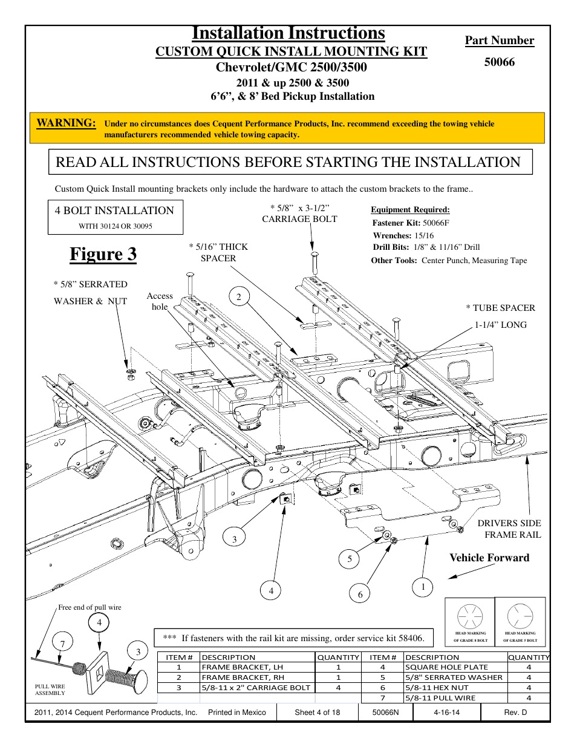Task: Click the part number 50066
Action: tap(499, 62)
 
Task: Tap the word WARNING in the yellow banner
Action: tap(66, 123)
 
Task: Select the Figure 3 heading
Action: tap(103, 254)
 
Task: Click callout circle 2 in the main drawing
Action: tap(239, 296)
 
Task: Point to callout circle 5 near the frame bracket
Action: tap(349, 559)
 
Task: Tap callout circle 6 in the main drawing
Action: tap(360, 594)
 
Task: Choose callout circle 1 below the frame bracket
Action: tap(423, 587)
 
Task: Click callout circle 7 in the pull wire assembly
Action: tap(62, 644)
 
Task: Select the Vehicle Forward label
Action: tap(489, 558)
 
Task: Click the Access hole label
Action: tap(160, 301)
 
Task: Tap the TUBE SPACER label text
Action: tap(504, 308)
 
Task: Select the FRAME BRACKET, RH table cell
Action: tap(243, 677)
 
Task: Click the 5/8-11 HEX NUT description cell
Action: tap(437, 688)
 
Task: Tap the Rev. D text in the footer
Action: tap(515, 713)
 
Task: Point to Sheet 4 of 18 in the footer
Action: tap(317, 713)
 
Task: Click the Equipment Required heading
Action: tap(410, 210)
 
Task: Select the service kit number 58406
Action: tap(411, 638)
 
